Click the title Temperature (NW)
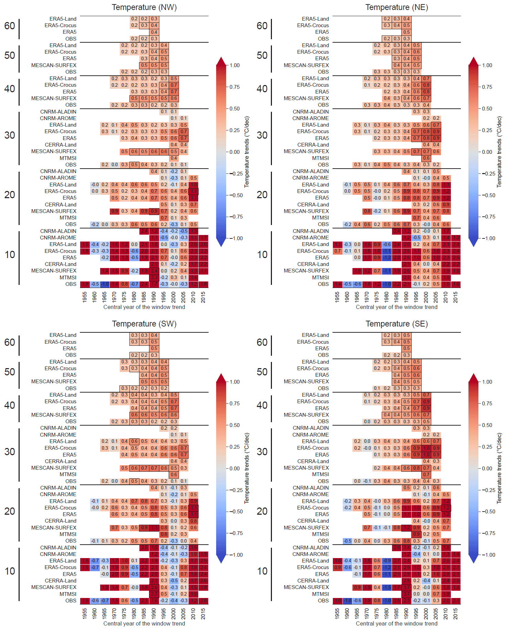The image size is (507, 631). point(144,7)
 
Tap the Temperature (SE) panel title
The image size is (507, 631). point(397,324)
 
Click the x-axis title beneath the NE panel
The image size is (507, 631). point(397,307)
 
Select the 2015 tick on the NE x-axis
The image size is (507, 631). point(456,297)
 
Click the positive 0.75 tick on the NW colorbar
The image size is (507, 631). point(235,87)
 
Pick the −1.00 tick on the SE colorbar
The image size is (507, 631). point(487,555)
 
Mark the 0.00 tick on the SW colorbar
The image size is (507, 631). point(235,468)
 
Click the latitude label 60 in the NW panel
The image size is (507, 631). point(10,26)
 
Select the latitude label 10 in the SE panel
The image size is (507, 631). point(262,571)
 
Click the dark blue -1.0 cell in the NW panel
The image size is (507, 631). point(105,284)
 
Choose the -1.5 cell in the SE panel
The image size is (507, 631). point(387,587)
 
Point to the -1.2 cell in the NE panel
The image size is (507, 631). point(387,258)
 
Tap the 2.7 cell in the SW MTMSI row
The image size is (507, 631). point(154,594)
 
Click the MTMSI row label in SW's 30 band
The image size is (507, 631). point(68,474)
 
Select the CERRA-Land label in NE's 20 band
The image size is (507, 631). point(313,205)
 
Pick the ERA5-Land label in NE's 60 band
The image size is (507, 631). point(315,19)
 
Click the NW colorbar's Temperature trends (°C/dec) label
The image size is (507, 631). point(246,152)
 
